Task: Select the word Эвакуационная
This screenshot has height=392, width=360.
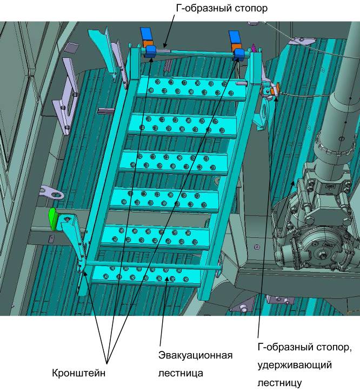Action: click(196, 355)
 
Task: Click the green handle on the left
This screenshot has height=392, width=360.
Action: click(53, 219)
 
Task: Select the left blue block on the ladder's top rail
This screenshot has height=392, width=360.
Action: click(150, 51)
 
